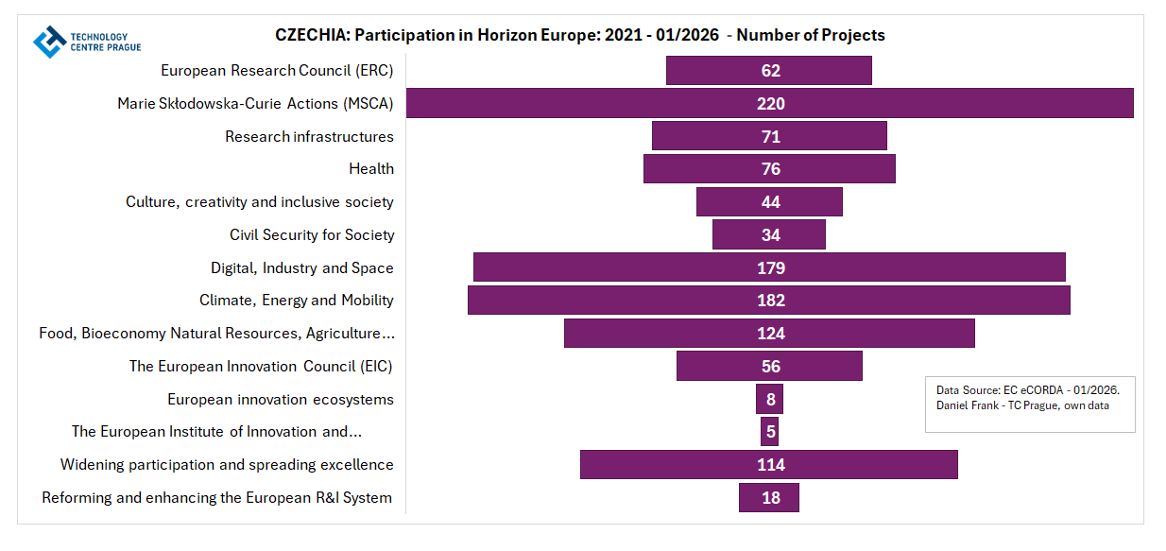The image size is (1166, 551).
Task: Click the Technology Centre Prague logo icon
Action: pyautogui.click(x=49, y=42)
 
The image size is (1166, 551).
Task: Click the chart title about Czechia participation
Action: pyautogui.click(x=579, y=35)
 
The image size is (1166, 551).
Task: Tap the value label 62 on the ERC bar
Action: pyautogui.click(x=771, y=71)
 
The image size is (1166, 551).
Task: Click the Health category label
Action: pyautogui.click(x=371, y=168)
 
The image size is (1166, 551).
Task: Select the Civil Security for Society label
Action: pyautogui.click(x=312, y=234)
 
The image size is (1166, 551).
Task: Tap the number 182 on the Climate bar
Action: pyautogui.click(x=771, y=301)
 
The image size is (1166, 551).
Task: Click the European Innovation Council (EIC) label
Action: pyautogui.click(x=261, y=366)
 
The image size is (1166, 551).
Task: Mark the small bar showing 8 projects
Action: pyautogui.click(x=769, y=399)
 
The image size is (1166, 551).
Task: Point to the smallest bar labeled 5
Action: pyautogui.click(x=770, y=432)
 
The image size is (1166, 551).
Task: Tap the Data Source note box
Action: pyautogui.click(x=1030, y=405)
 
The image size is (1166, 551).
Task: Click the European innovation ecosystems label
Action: pyautogui.click(x=281, y=399)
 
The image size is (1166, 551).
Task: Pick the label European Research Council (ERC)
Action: pyautogui.click(x=277, y=70)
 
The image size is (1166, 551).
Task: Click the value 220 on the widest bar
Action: pyautogui.click(x=771, y=104)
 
